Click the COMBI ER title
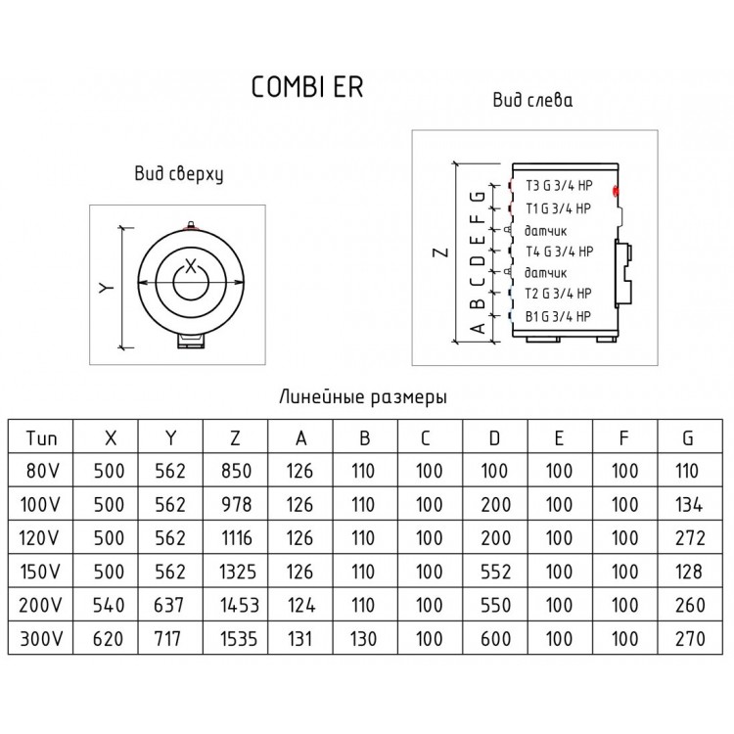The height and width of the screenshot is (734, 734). tap(307, 87)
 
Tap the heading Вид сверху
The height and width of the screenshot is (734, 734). tap(179, 173)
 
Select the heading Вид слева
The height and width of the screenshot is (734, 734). tap(532, 100)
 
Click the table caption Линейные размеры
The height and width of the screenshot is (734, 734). tap(363, 397)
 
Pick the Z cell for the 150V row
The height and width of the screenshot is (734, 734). tap(238, 572)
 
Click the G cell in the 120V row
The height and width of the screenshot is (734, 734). tap(690, 538)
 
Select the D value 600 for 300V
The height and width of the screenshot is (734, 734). tap(495, 638)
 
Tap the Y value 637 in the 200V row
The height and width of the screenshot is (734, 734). tap(168, 605)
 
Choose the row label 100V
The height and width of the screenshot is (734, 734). tap(40, 505)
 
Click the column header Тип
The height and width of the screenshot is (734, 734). tap(41, 438)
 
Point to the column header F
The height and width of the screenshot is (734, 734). tap(624, 438)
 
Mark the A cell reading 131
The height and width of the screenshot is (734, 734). tap(299, 638)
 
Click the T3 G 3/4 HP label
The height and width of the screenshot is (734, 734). tap(559, 186)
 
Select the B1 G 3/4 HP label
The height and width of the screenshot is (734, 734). tap(558, 317)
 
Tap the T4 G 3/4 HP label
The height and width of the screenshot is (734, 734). tap(560, 252)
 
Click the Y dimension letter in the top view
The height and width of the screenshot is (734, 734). tap(107, 288)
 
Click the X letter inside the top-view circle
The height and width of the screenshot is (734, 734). tap(191, 267)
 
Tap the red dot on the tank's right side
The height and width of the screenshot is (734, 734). tap(616, 190)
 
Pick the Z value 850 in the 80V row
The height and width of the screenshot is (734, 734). tap(237, 471)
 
